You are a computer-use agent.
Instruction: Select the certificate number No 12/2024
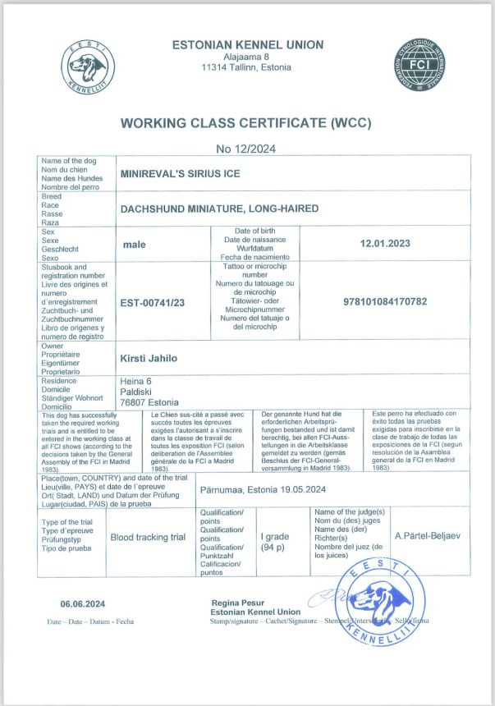click(246, 149)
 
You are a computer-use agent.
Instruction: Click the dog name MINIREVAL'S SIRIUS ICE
click(180, 174)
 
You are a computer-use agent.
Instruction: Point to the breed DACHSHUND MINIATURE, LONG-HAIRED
click(219, 209)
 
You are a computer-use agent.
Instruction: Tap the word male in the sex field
click(134, 245)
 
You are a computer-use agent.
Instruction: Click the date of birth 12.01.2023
click(385, 244)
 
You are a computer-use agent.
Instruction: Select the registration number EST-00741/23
click(153, 303)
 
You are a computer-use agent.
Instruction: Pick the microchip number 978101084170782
click(385, 302)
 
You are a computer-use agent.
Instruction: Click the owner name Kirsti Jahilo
click(149, 358)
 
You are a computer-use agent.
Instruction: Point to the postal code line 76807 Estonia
click(149, 402)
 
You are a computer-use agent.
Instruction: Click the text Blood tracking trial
click(148, 537)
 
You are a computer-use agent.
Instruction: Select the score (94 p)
click(274, 546)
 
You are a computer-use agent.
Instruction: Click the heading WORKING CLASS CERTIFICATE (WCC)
click(246, 124)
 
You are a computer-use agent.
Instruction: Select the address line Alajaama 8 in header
click(246, 56)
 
